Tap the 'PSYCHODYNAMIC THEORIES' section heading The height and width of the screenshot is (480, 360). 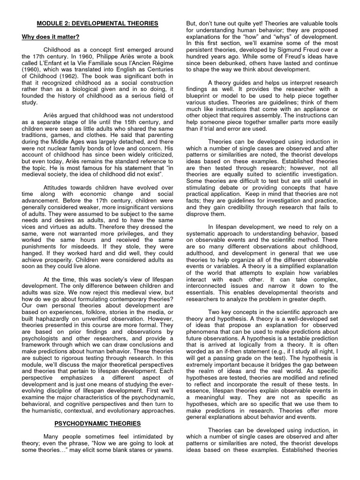(97, 423)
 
